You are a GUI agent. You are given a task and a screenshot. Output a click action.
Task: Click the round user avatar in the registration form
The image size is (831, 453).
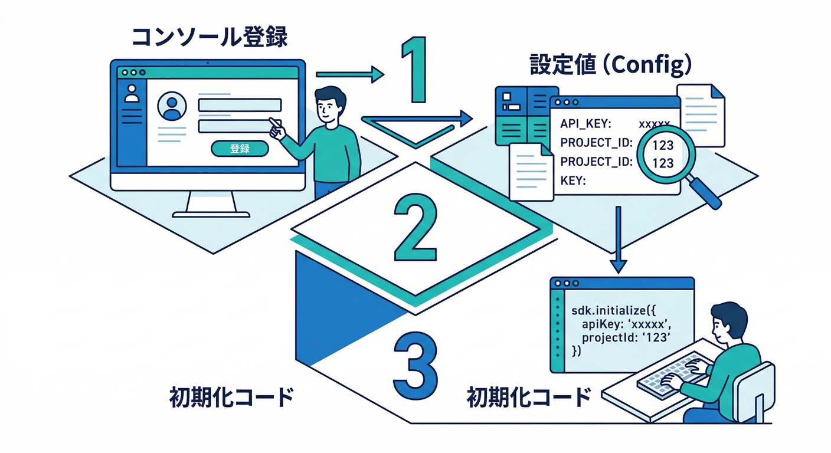pyautogui.click(x=172, y=106)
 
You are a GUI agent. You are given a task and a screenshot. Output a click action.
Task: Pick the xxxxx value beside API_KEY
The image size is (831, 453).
pyautogui.click(x=654, y=124)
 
